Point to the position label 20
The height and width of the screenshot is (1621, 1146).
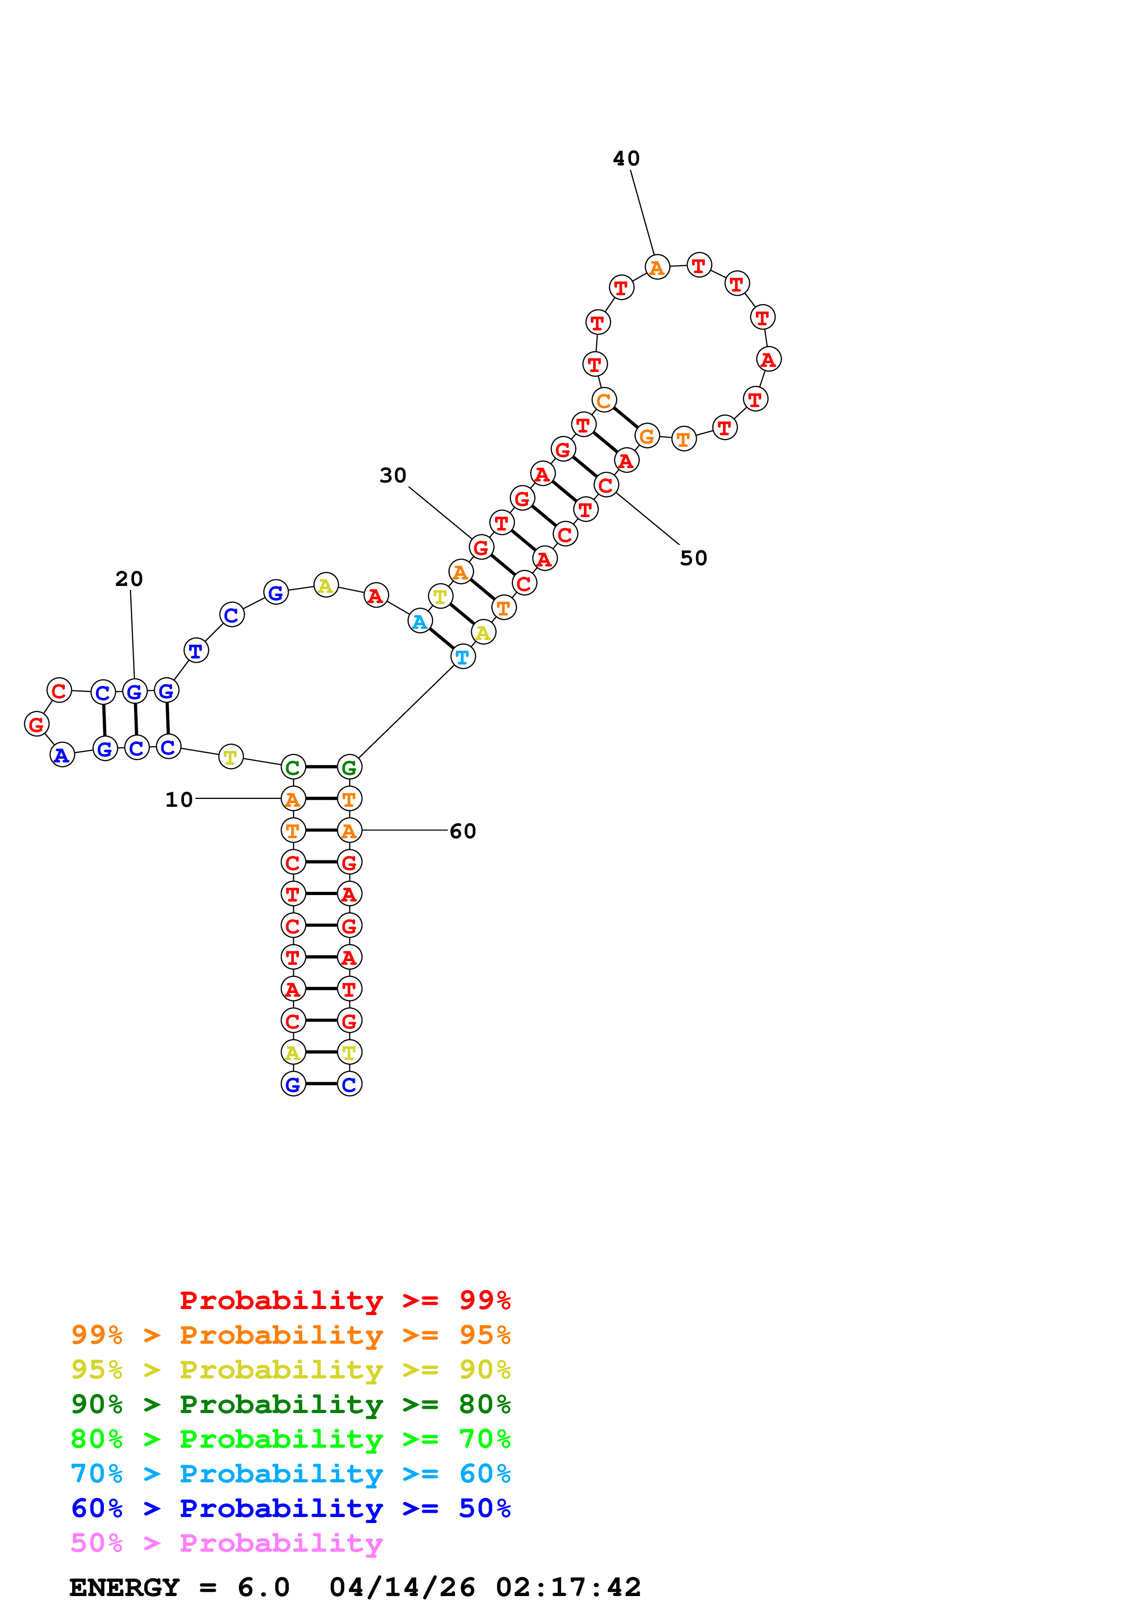click(x=129, y=579)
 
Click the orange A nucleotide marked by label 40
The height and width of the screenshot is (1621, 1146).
click(x=656, y=268)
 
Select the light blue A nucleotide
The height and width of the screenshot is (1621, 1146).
click(x=419, y=622)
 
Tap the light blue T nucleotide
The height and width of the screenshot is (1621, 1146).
click(x=462, y=657)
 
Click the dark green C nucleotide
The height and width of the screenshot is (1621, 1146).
click(x=293, y=768)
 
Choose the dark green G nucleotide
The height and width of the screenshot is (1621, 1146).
click(x=349, y=768)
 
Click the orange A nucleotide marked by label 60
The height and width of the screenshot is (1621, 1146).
click(x=349, y=831)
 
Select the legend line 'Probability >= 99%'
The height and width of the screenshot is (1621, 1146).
click(x=344, y=1300)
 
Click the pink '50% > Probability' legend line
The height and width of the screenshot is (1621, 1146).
click(x=227, y=1543)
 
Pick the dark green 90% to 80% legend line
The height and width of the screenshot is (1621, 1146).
click(x=290, y=1404)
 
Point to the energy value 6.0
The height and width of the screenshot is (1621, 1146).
click(x=264, y=1588)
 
